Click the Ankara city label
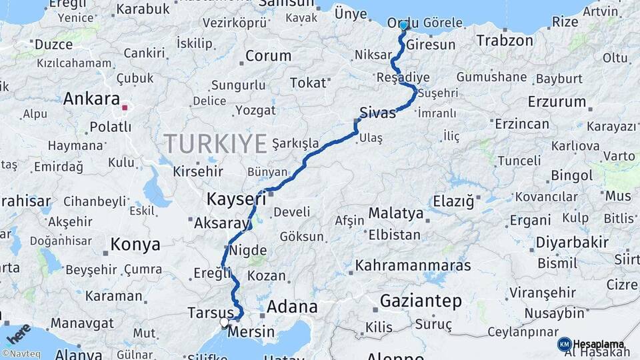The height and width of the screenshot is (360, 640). tap(91, 99)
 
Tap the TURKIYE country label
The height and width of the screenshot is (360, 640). tap(215, 143)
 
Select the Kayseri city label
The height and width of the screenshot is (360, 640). tap(232, 199)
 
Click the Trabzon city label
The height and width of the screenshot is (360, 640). tap(505, 40)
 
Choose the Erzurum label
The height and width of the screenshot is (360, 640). tap(556, 102)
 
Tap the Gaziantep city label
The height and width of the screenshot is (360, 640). tap(420, 301)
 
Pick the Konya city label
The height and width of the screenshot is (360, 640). tap(135, 244)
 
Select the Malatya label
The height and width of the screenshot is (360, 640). tap(396, 213)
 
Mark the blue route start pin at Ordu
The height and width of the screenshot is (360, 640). tap(403, 25)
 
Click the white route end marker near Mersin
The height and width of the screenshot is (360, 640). tap(225, 323)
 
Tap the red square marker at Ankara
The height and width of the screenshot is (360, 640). tap(125, 106)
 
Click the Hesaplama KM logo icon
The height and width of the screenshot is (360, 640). tap(564, 344)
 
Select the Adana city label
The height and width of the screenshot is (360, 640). tap(292, 307)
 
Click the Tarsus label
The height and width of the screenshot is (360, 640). tap(210, 313)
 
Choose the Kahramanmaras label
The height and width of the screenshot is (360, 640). tap(413, 265)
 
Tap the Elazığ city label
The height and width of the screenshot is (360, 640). tap(453, 200)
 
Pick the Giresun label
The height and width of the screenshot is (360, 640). tap(431, 45)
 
